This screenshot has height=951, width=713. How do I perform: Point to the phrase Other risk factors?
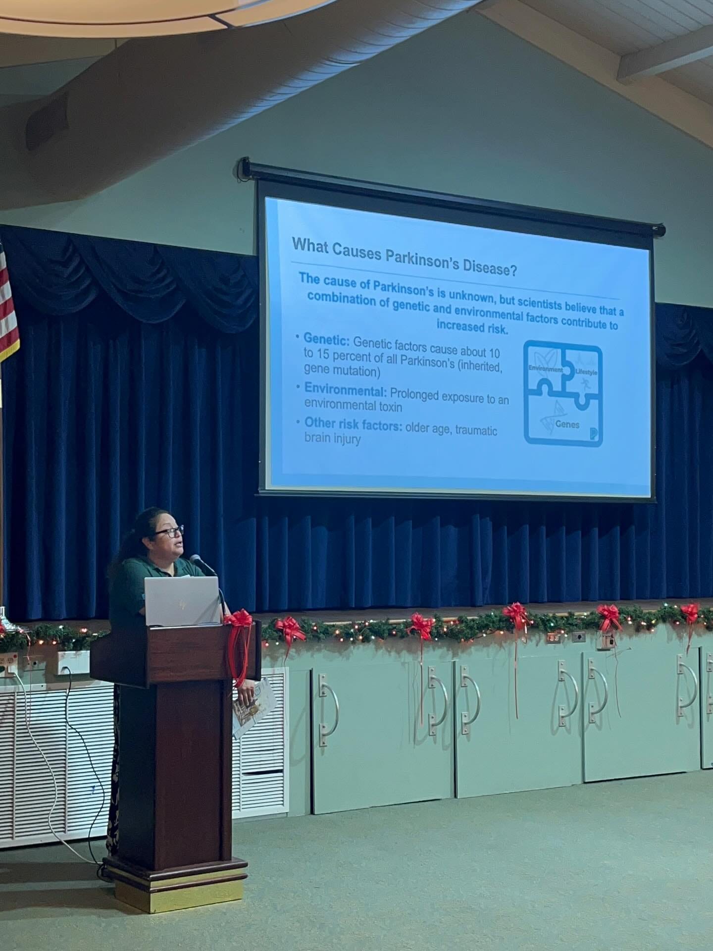(x=353, y=424)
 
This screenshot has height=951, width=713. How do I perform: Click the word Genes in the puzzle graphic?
(x=567, y=424)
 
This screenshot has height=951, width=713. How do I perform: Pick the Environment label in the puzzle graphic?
(x=546, y=370)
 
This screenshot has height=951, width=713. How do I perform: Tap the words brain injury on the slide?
(x=332, y=438)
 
